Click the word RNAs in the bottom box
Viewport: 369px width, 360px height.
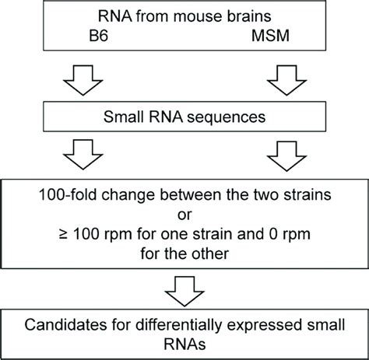pos(182,345)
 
